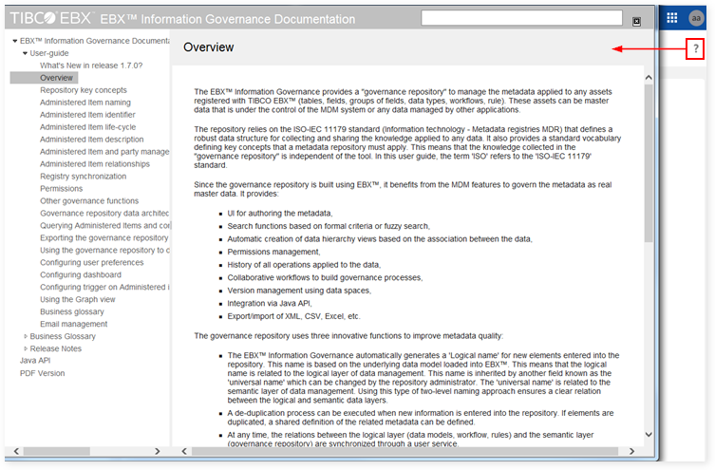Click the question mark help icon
(695, 49)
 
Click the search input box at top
(522, 17)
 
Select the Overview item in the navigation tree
(57, 78)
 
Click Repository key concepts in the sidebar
(83, 90)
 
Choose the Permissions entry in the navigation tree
(61, 189)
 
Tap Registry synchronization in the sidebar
(83, 177)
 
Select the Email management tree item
(73, 324)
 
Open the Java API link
(35, 361)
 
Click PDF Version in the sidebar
(43, 373)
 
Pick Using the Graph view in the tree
(78, 299)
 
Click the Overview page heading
(208, 47)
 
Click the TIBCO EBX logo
(47, 18)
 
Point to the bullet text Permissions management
(273, 252)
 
